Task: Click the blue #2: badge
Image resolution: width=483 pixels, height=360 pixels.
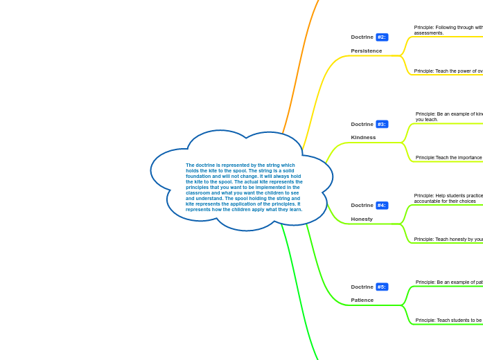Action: point(382,37)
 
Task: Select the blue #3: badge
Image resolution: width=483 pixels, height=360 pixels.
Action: point(382,125)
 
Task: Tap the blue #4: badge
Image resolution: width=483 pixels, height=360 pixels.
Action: point(382,206)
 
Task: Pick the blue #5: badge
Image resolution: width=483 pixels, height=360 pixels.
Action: point(382,287)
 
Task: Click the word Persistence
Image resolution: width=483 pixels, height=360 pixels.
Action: point(366,51)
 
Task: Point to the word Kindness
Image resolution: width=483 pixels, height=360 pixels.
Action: point(363,138)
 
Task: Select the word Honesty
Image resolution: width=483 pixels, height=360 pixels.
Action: point(362,219)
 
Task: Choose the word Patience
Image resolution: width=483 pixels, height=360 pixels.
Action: point(362,300)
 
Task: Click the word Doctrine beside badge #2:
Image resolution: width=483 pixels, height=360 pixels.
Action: point(362,37)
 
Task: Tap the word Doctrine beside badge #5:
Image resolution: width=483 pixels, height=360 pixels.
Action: point(362,287)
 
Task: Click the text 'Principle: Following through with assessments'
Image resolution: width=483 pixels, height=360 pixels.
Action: point(448,30)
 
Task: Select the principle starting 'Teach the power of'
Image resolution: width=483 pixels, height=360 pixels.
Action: point(448,71)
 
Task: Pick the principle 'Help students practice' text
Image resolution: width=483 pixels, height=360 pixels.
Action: point(448,198)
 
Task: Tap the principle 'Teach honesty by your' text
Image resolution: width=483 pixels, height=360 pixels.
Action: point(448,240)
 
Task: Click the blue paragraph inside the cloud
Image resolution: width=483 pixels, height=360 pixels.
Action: point(243,187)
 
